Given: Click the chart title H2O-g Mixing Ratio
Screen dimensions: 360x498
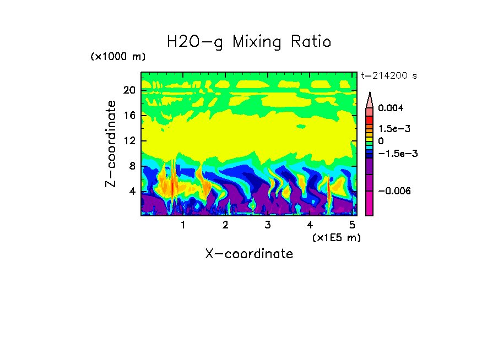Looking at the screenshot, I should click(249, 42).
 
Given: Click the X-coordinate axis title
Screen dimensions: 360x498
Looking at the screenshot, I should click(249, 254).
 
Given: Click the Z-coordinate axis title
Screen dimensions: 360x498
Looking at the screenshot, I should click(111, 144).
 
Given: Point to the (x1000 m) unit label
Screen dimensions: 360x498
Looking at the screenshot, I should click(118, 57).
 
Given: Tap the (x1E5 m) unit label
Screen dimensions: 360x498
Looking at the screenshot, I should click(336, 237).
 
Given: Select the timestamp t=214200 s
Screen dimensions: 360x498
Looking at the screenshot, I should click(388, 76).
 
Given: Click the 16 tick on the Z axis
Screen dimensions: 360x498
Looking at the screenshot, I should click(129, 116).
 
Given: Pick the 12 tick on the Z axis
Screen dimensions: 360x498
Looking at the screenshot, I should click(129, 141).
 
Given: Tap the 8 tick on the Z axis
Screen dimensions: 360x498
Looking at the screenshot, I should click(132, 166).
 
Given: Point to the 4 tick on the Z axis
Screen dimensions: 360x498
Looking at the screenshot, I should click(132, 192).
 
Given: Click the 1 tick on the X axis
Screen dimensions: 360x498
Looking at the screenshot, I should click(183, 225).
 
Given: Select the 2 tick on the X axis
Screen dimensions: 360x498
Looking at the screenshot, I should click(225, 225).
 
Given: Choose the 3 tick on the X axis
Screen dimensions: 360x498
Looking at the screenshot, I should click(268, 225).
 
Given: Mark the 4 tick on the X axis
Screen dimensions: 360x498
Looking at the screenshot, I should click(310, 225).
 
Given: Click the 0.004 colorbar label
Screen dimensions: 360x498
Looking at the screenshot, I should click(391, 108).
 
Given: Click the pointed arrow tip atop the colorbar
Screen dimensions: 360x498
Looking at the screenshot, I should click(370, 94).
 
